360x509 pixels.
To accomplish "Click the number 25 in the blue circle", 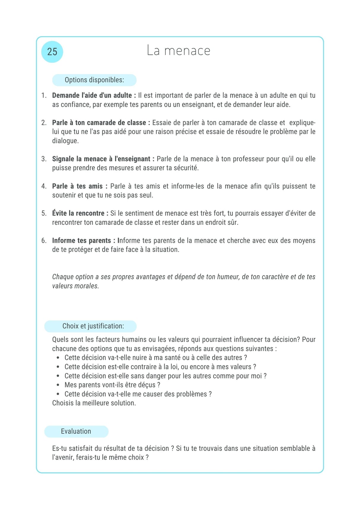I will [x=52, y=52].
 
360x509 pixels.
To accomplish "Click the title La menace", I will [x=179, y=51].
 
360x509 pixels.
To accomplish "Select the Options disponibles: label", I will [x=94, y=80].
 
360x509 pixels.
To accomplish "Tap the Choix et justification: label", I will [x=93, y=326].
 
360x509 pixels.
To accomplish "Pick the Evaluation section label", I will [x=76, y=431].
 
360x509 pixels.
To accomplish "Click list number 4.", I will [x=44, y=186].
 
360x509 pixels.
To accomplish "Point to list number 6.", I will [x=44, y=240].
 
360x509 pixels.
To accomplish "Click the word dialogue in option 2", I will [x=65, y=141].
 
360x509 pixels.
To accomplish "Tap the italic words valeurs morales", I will [x=75, y=286].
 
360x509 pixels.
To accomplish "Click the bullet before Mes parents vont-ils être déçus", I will [x=58, y=385].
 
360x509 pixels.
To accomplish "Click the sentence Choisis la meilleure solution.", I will [x=94, y=403].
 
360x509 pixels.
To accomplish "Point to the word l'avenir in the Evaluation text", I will [x=63, y=457].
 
